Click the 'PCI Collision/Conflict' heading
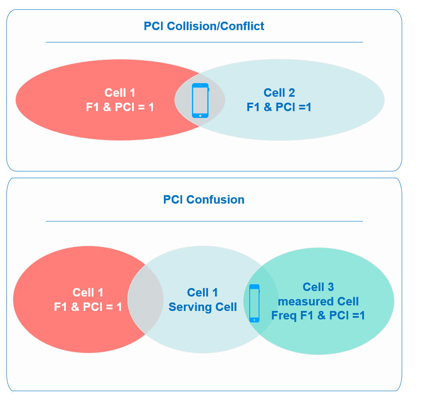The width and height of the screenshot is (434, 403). click(x=204, y=26)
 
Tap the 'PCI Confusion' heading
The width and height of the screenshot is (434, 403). click(x=204, y=199)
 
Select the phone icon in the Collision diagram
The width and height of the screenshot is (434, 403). click(x=200, y=101)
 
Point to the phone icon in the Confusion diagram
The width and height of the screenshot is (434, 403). click(x=254, y=303)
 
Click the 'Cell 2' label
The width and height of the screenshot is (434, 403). click(x=279, y=92)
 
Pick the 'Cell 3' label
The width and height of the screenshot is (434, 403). click(x=318, y=287)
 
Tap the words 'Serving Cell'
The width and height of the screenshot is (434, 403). click(x=203, y=307)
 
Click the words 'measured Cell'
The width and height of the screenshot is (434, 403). click(x=318, y=301)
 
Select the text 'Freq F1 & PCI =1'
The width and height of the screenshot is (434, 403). click(x=318, y=315)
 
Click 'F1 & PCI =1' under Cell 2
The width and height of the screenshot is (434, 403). click(x=279, y=107)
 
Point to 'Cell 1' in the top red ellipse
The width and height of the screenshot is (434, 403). click(x=120, y=92)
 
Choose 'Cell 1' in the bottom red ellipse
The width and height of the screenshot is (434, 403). click(x=88, y=292)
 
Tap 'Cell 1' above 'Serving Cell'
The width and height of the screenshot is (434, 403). click(x=203, y=292)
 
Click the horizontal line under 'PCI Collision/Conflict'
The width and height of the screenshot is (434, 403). click(x=204, y=42)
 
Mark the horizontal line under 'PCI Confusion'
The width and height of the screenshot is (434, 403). click(x=204, y=221)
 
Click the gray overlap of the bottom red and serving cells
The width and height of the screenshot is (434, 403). click(x=146, y=299)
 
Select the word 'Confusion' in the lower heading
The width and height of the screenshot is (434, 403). click(x=215, y=199)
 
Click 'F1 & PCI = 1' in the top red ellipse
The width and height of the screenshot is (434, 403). click(x=120, y=107)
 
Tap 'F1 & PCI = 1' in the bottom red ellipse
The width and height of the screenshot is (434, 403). click(x=88, y=307)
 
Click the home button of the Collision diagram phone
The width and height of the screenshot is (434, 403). click(x=200, y=115)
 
